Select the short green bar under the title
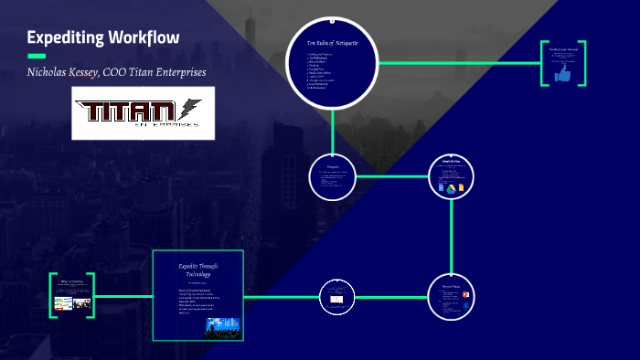[x=36, y=56]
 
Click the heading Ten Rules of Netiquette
[x=332, y=44]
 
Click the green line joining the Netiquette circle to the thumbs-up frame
[x=457, y=63]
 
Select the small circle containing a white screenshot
[x=334, y=295]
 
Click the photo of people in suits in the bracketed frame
[x=80, y=302]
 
